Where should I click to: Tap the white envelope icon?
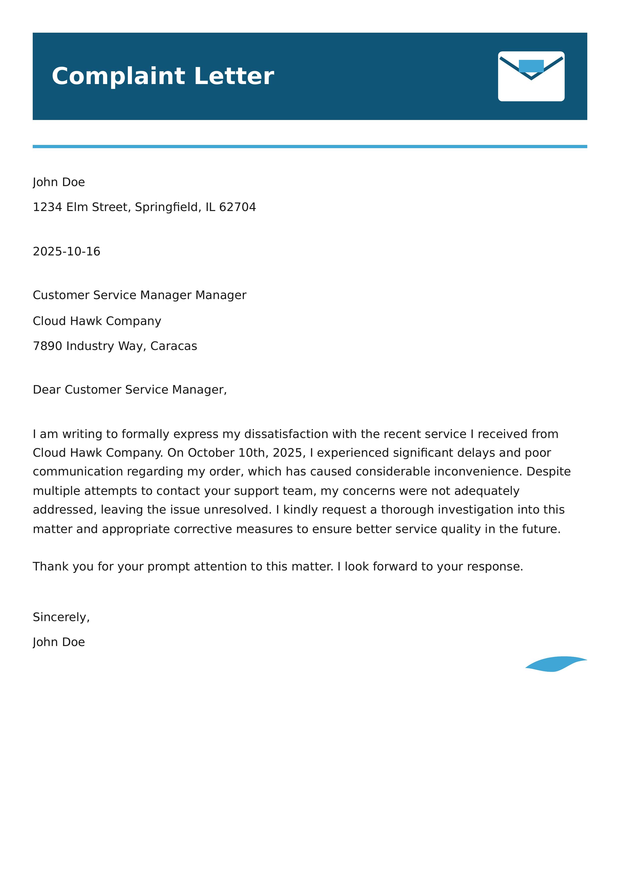pyautogui.click(x=531, y=76)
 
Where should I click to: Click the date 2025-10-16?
pyautogui.click(x=66, y=251)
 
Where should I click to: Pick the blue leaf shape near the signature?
pyautogui.click(x=556, y=664)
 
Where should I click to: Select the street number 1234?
pyautogui.click(x=47, y=207)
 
